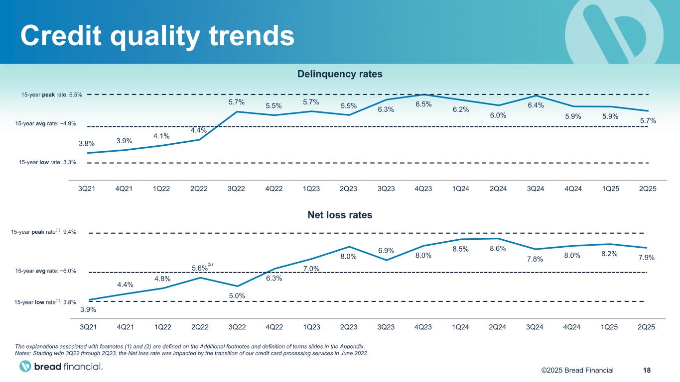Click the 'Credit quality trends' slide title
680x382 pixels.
click(156, 35)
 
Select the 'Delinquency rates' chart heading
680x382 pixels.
click(339, 74)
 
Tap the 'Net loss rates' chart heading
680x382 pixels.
click(339, 215)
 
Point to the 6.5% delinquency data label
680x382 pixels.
click(423, 104)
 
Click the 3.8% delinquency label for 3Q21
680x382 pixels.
click(88, 144)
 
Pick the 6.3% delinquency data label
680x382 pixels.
click(386, 109)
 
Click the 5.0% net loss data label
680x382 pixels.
click(237, 296)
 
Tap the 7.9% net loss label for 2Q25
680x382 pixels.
click(646, 258)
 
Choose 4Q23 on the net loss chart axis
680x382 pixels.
click(423, 327)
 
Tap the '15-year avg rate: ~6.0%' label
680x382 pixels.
click(45, 271)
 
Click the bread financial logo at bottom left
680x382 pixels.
click(61, 367)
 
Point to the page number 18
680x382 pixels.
click(647, 370)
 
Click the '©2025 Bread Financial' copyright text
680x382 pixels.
click(577, 370)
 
